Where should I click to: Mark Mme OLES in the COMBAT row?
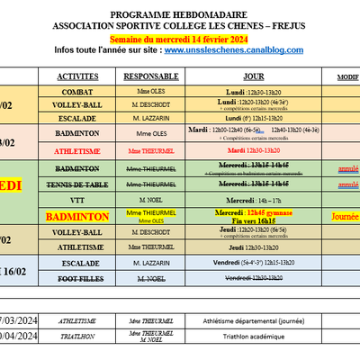pyautogui.click(x=154, y=92)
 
